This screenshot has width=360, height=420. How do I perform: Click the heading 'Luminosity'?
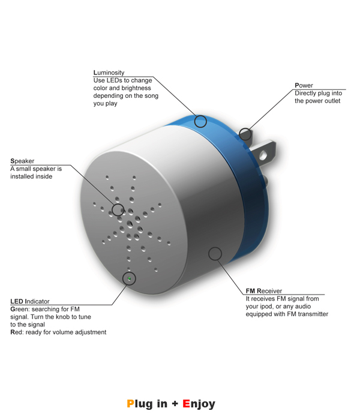coord(109,73)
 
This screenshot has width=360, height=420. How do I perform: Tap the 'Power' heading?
coord(304,85)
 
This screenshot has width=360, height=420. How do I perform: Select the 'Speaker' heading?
coord(22,161)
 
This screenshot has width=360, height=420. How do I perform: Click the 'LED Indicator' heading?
coord(30,301)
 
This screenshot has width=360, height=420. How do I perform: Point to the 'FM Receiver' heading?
coord(264,291)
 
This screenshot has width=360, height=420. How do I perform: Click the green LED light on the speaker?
coord(130,279)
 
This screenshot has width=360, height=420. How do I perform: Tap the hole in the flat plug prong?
coord(263,155)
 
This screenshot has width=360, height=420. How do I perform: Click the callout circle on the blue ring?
coord(200,121)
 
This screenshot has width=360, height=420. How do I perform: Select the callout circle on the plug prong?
coord(245,134)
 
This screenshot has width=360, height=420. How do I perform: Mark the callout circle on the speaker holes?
coord(118,209)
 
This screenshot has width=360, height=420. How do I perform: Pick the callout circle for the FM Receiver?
coord(215,253)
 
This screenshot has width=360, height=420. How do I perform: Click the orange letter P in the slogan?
coord(130,403)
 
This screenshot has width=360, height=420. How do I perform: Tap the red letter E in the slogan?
coord(186,403)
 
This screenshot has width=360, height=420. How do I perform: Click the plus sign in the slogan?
coord(175,404)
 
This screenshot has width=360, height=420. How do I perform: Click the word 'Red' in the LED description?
coord(17,332)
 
